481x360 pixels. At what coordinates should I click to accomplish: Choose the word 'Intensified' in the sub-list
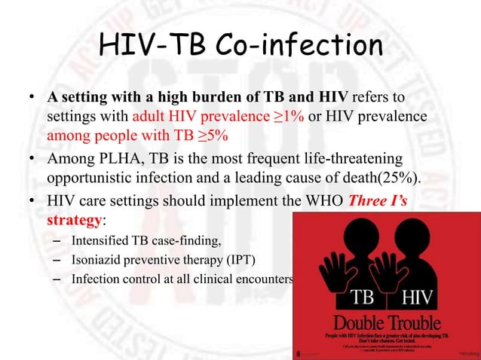tap(101, 241)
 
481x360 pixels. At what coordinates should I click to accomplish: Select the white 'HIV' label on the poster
tap(415, 296)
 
